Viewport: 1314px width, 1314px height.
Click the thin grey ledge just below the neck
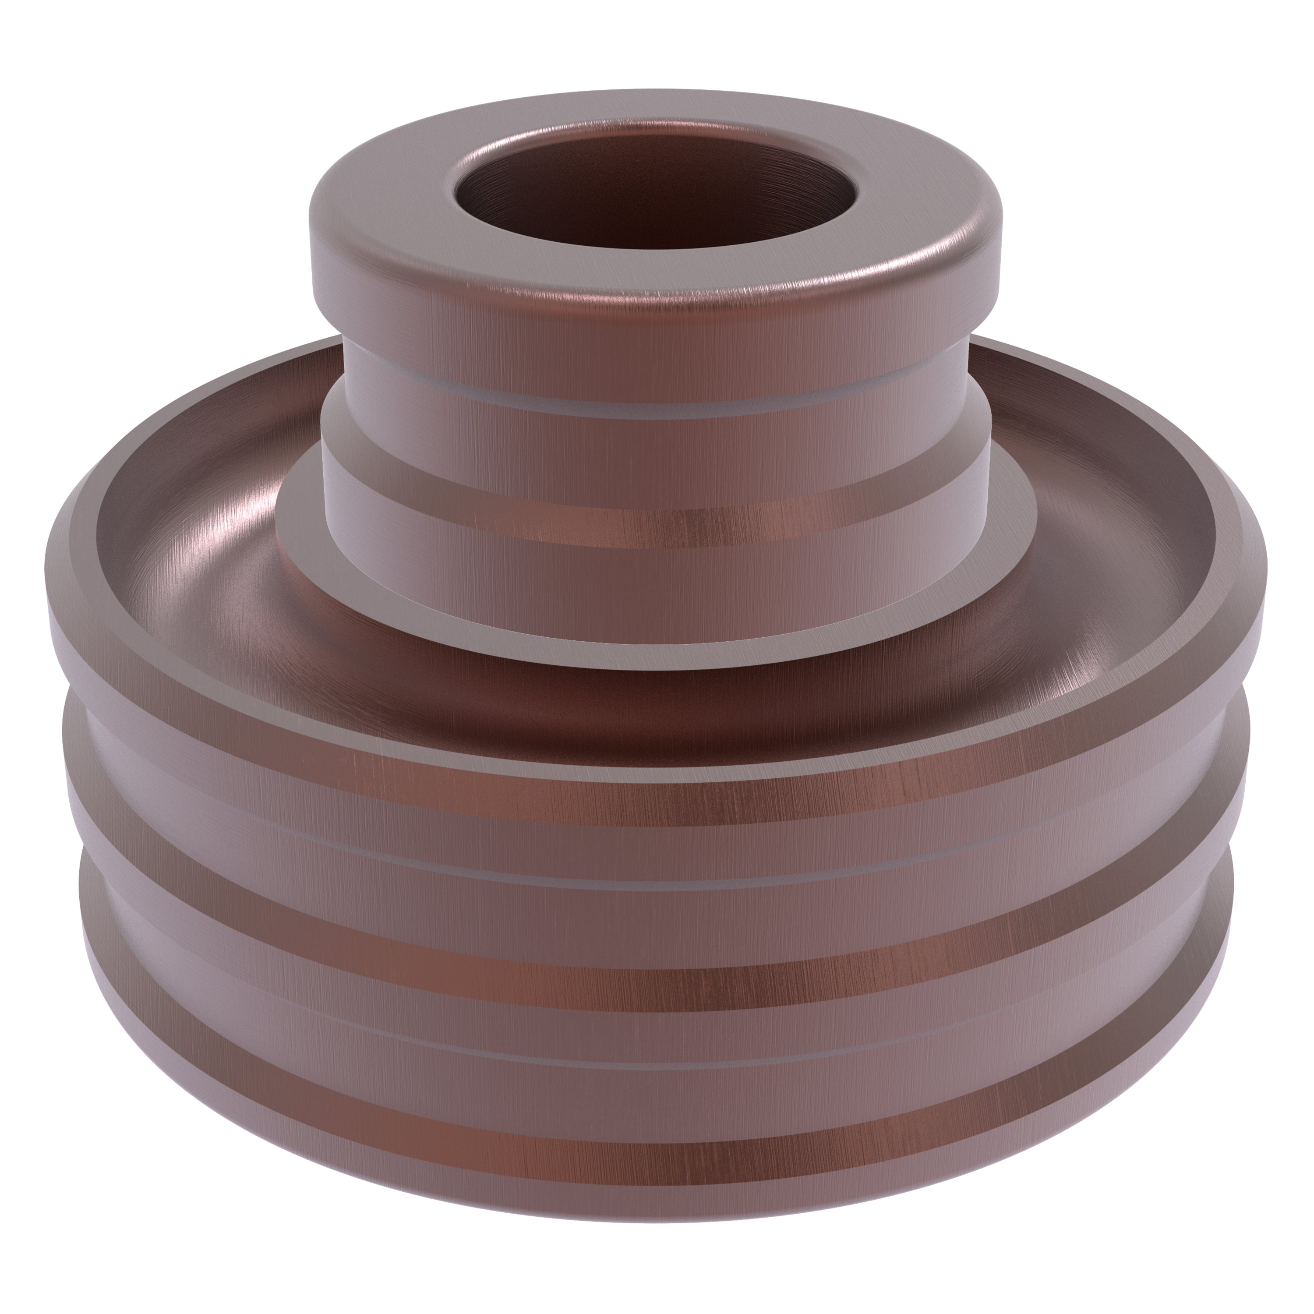653,410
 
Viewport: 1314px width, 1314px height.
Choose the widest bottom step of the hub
653,565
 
